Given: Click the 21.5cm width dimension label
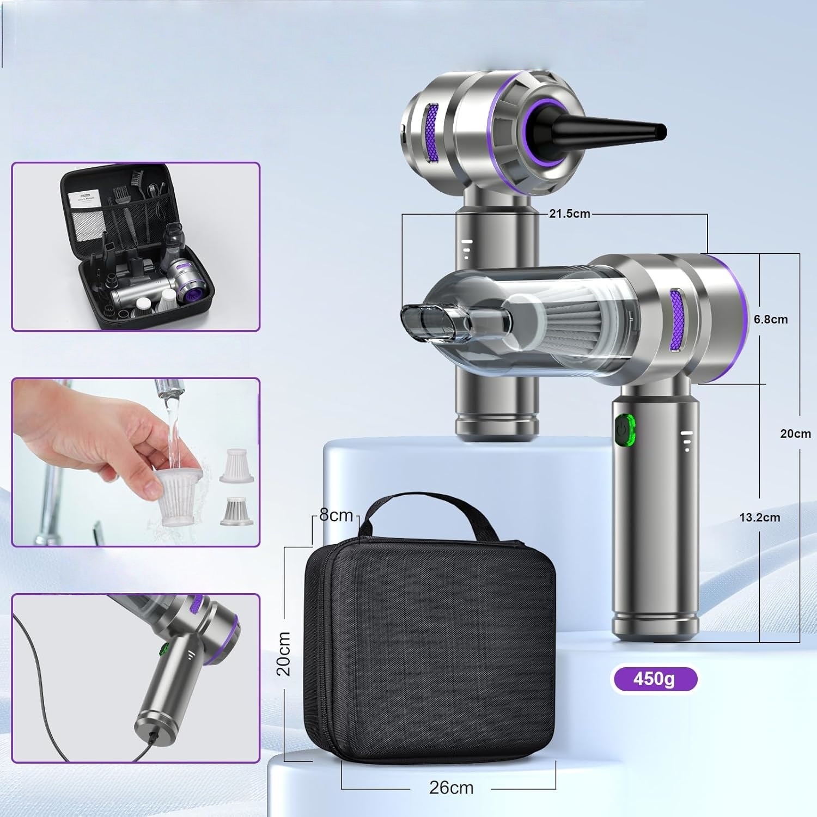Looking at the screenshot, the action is tap(569, 214).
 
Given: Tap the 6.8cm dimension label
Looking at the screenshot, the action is tap(771, 319).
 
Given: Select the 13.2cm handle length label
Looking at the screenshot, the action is tap(759, 517).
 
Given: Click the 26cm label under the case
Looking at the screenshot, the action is tap(451, 787).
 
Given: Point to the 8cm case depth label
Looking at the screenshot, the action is tap(336, 515).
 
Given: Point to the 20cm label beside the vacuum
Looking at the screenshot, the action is tap(795, 434).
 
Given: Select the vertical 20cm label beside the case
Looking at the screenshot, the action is tap(283, 654).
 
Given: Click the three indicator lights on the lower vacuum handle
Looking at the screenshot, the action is tap(687, 441).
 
